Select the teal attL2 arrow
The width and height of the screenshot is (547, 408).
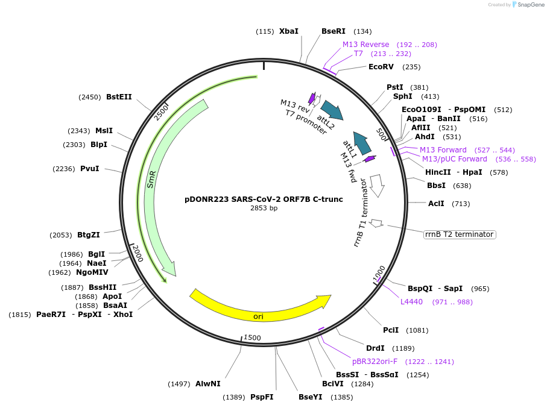(331, 110)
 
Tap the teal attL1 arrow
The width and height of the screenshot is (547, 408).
(361, 143)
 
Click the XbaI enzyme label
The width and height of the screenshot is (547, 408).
(288, 31)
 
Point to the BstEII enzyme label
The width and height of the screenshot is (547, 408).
(119, 96)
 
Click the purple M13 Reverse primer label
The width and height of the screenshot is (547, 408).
(366, 45)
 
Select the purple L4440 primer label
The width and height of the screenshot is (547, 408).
(412, 302)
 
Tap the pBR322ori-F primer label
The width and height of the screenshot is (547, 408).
(375, 362)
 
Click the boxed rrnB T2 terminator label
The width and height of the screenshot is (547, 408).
(460, 234)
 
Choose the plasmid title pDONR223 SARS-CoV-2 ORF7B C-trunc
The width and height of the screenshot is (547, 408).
(264, 199)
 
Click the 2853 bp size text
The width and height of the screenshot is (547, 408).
(264, 209)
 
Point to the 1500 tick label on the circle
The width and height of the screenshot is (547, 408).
(253, 338)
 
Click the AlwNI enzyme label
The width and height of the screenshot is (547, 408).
(207, 384)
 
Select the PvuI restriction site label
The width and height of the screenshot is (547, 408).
(90, 169)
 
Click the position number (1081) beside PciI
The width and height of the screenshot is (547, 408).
(417, 330)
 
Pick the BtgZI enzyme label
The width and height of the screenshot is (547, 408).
(89, 235)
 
